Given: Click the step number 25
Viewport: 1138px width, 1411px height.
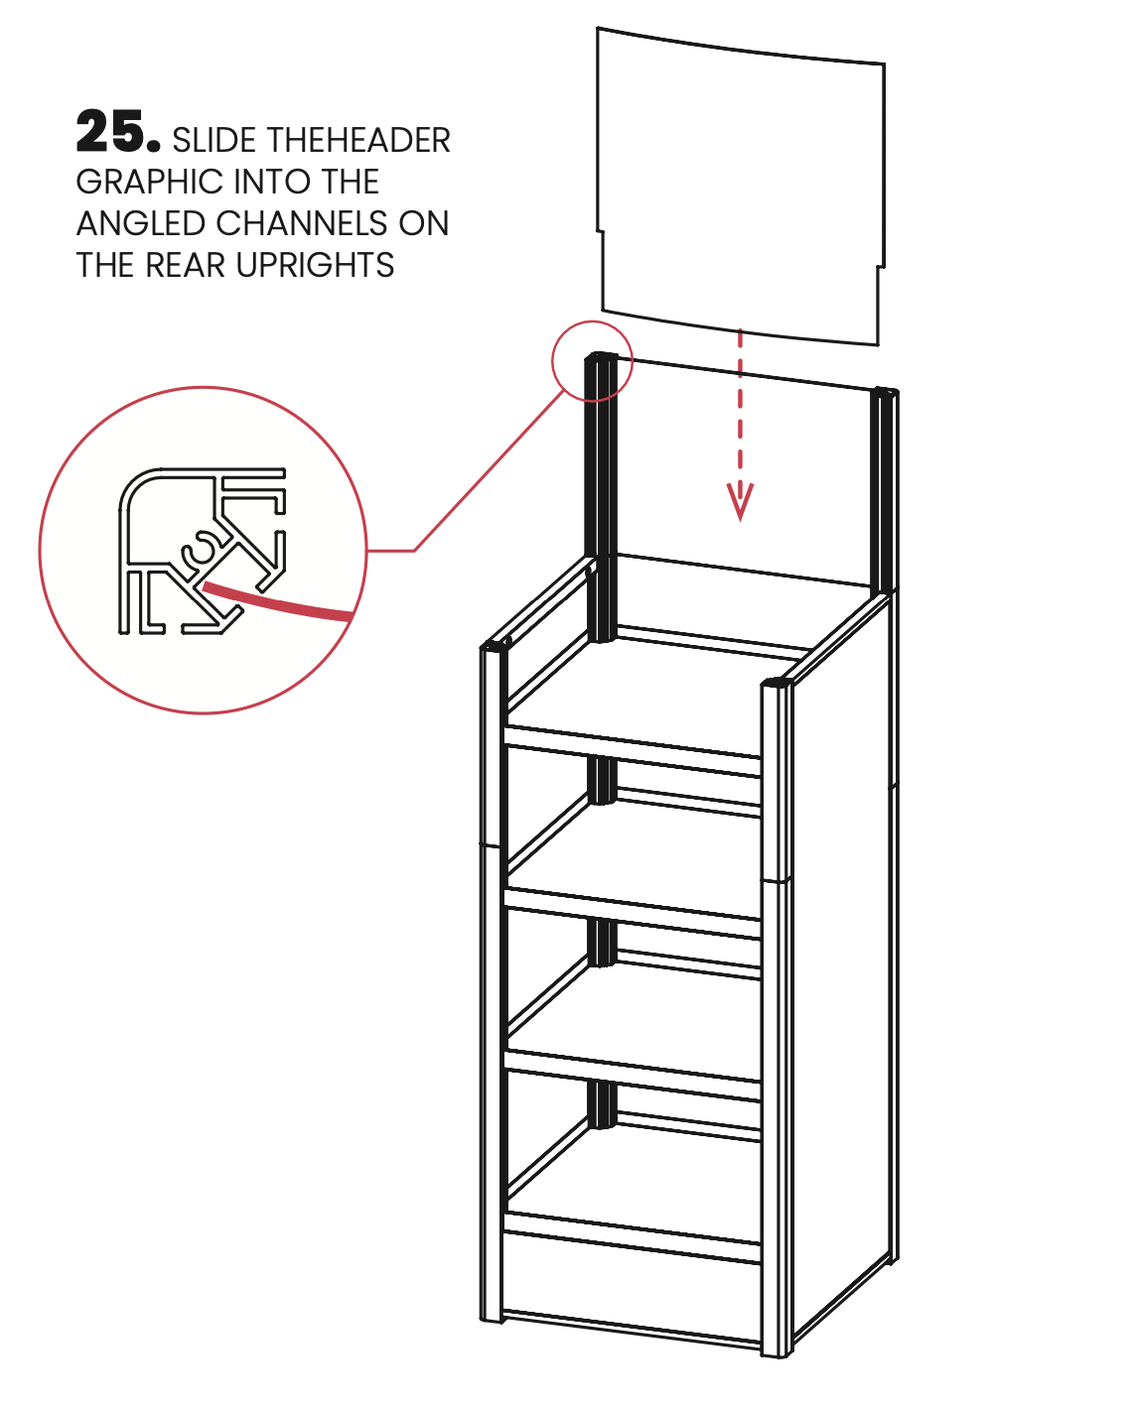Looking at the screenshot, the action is pyautogui.click(x=117, y=132).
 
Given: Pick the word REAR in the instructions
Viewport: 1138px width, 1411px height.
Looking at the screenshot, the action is pyautogui.click(x=188, y=266).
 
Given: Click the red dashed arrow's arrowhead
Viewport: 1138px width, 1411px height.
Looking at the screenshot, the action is pyautogui.click(x=740, y=502).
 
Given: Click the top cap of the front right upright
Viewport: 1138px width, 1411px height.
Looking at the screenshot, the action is pyautogui.click(x=776, y=684).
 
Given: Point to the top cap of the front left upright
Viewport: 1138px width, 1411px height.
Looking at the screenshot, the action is pyautogui.click(x=495, y=645).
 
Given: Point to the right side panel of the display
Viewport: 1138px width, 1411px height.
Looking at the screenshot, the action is pyautogui.click(x=844, y=943).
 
